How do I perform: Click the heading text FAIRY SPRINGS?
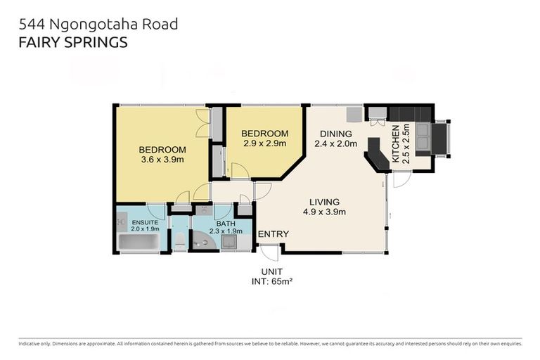72,41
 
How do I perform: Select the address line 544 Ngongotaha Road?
98,24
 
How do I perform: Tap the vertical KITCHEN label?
396,144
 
